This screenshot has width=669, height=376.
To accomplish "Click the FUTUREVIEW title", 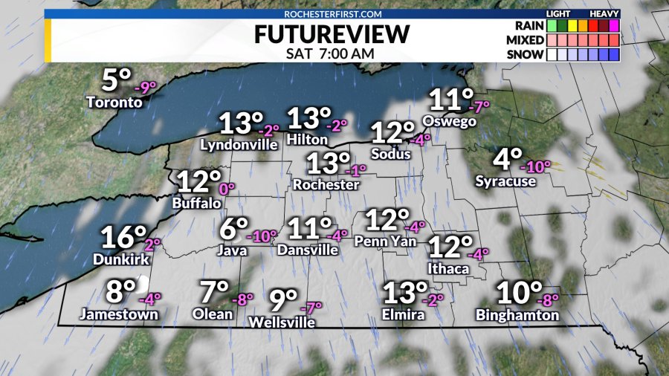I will (x=332, y=34).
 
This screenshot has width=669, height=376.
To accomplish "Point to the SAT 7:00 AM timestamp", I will (x=331, y=54).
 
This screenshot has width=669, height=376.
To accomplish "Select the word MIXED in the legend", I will (x=524, y=40).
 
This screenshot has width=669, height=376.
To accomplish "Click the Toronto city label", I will (x=114, y=102).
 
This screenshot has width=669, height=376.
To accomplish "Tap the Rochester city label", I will (x=326, y=184).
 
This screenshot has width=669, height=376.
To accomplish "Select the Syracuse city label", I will (x=505, y=181).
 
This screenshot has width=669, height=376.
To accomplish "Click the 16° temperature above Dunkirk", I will (x=123, y=238).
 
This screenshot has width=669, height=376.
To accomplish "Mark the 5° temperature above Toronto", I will (x=117, y=80).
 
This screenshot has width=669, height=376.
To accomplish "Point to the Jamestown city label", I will (x=119, y=314).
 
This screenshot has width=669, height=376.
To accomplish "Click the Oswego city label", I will (x=449, y=120).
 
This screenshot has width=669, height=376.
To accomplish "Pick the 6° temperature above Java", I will (x=233, y=229).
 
